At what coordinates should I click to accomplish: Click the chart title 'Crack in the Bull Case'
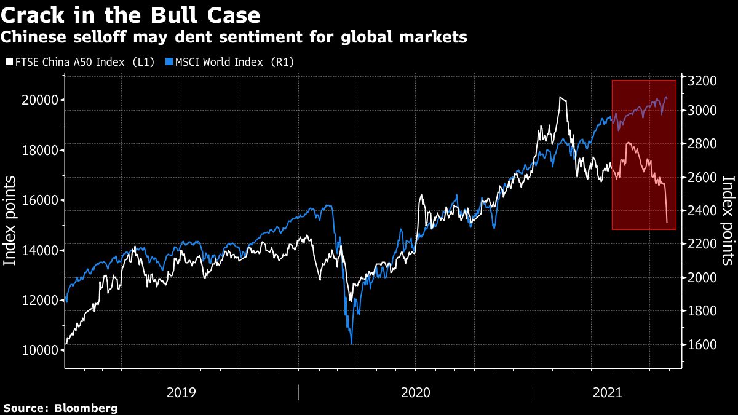[130, 14]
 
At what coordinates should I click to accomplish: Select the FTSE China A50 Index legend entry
[83, 62]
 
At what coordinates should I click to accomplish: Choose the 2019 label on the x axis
[181, 392]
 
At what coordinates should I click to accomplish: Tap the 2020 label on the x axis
[416, 392]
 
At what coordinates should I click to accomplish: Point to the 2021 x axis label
[606, 392]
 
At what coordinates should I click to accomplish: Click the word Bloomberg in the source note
[86, 408]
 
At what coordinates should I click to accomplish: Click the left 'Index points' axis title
[10, 221]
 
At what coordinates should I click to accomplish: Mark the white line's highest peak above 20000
[560, 97]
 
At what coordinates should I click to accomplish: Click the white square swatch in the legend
[8, 62]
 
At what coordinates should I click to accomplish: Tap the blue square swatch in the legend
[169, 62]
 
